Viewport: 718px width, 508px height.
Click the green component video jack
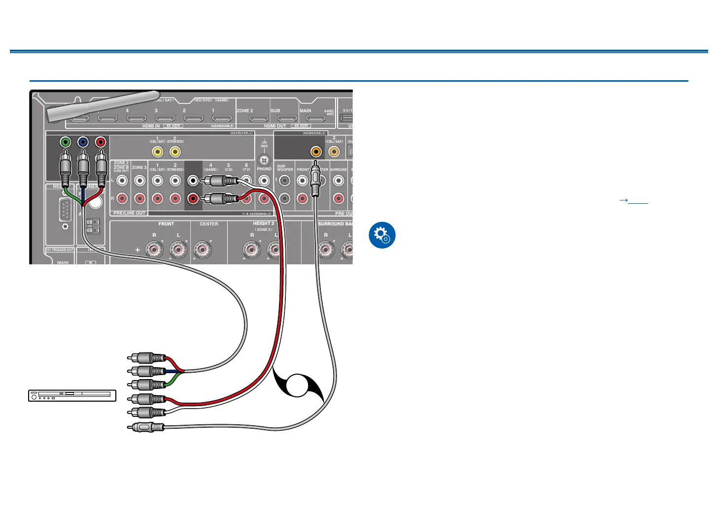pos(65,142)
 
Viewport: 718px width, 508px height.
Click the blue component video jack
pos(83,142)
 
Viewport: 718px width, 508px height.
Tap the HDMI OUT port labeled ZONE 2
pos(258,119)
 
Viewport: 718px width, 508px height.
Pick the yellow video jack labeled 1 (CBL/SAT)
pos(157,152)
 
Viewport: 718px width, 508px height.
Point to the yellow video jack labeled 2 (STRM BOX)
pos(175,152)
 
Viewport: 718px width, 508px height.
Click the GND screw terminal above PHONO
pos(264,160)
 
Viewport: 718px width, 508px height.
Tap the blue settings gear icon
pos(382,235)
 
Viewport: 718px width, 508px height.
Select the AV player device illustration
pos(72,395)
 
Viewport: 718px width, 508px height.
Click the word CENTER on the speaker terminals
pos(209,224)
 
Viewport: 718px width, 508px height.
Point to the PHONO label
pos(264,169)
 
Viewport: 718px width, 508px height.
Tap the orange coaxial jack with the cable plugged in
pos(316,152)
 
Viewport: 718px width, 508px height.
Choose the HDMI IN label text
pos(151,126)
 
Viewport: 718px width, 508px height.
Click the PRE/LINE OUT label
pos(130,213)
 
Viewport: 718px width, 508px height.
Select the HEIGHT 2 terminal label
pos(264,223)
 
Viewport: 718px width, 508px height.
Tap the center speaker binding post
pos(202,250)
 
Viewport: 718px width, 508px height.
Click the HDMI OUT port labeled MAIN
pos(315,119)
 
